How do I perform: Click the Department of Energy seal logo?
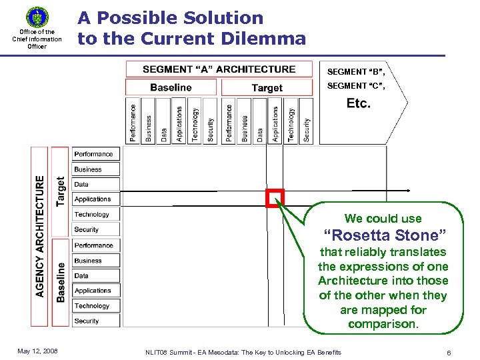37,17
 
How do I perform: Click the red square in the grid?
275,198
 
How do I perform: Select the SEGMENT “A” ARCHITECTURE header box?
219,69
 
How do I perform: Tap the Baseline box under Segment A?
171,87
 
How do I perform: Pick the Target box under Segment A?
267,88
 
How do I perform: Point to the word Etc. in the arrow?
359,103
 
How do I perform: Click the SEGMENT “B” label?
355,72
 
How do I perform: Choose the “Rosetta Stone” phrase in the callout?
384,235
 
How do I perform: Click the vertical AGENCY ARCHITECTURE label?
40,235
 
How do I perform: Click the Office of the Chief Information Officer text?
37,39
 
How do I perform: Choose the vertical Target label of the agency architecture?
61,191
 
